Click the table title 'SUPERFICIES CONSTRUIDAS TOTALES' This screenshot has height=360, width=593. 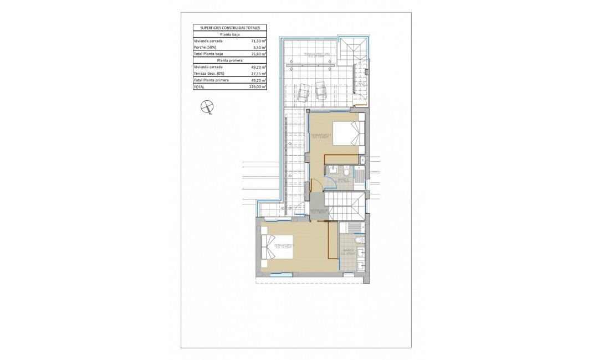point(229,27)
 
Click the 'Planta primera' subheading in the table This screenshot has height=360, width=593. point(229,61)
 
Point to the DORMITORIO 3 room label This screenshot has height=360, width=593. point(321,137)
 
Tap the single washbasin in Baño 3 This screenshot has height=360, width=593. point(332,169)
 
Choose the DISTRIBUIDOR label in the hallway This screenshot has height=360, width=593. point(320,211)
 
